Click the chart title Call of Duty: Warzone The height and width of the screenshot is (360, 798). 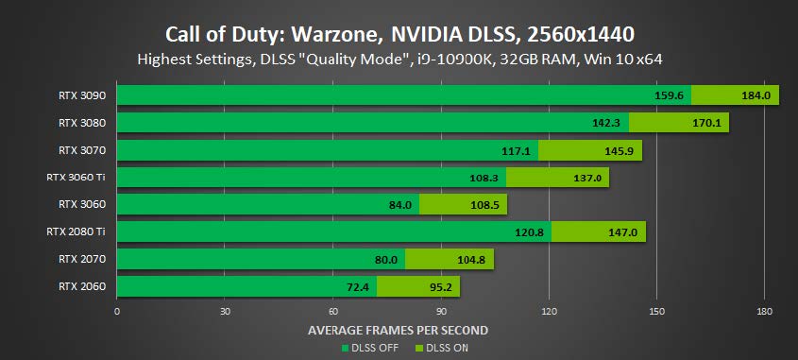pos(399,34)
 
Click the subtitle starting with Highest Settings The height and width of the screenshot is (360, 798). pos(399,60)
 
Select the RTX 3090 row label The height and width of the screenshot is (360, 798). pos(81,94)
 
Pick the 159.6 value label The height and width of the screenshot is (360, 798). pos(669,94)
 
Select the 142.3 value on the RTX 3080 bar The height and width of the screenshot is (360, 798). pos(606,122)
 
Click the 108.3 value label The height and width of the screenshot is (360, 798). pos(484,177)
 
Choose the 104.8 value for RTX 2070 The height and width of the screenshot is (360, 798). pos(471,258)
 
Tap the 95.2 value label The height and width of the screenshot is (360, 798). pos(438,285)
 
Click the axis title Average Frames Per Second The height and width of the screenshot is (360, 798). pos(398,330)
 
